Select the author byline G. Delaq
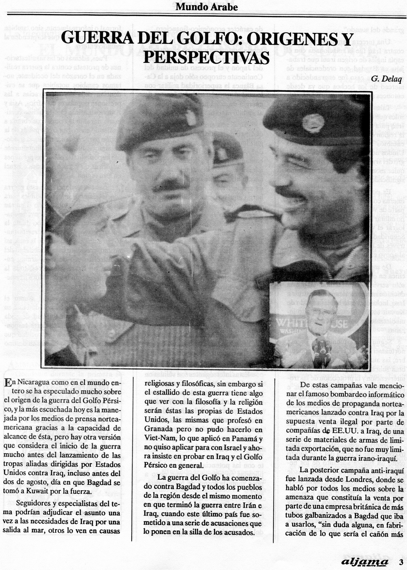pyautogui.click(x=386, y=78)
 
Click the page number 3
pyautogui.click(x=401, y=562)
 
